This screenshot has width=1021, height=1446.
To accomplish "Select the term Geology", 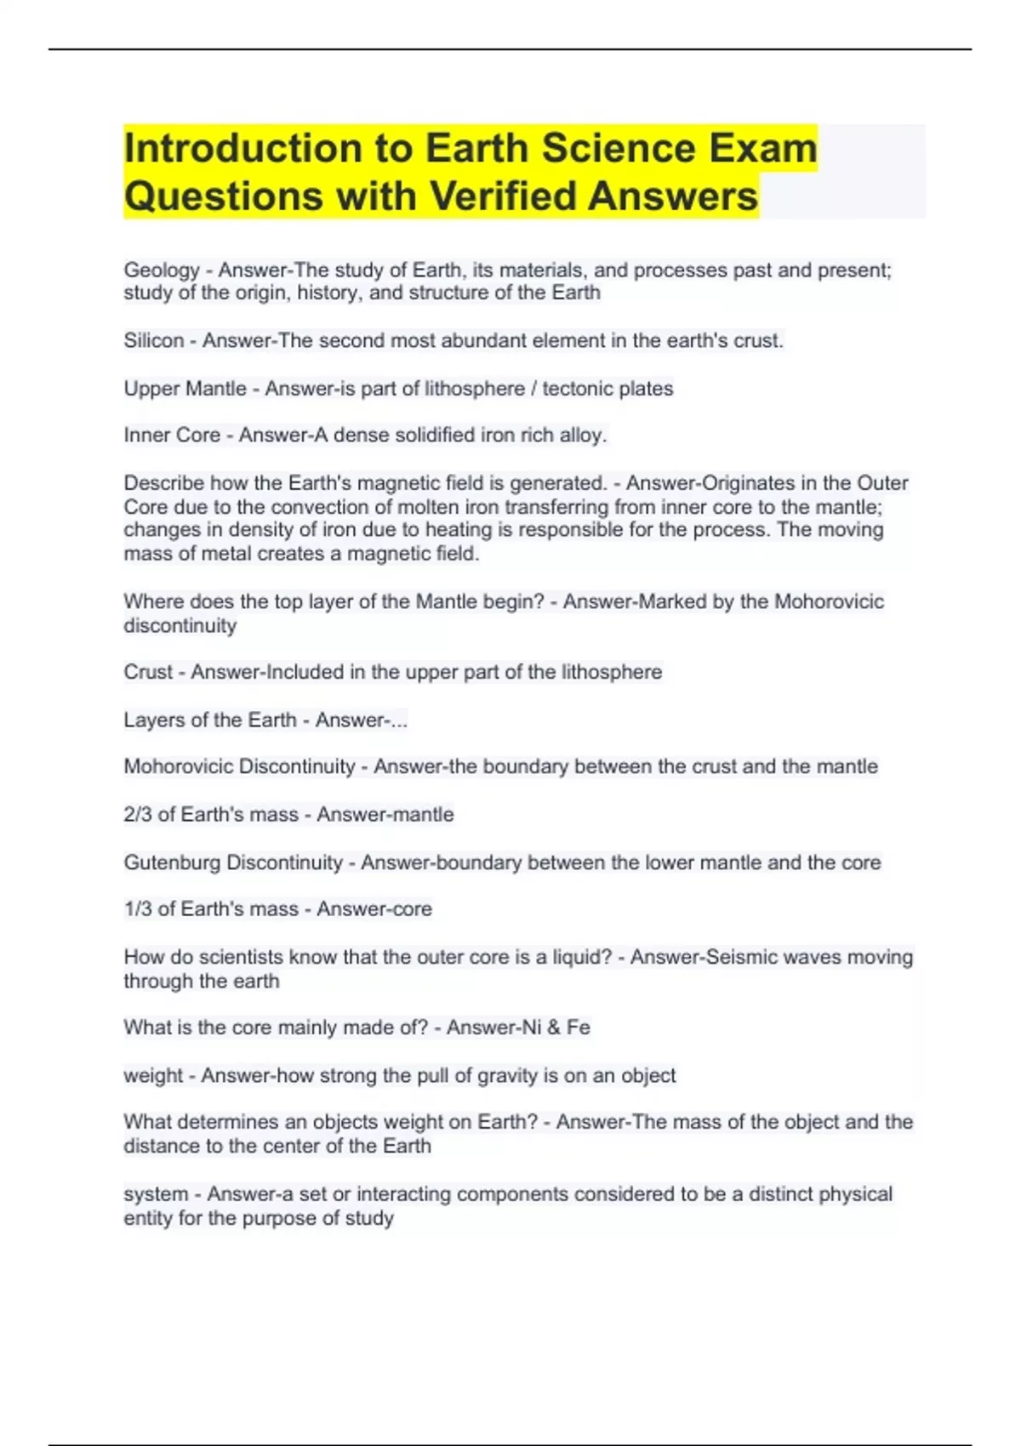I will coord(162,270).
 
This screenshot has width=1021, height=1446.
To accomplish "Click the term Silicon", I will coord(154,341).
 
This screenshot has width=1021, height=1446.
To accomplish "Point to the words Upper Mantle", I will coord(185,389).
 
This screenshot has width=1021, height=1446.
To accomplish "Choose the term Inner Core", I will coord(172,436).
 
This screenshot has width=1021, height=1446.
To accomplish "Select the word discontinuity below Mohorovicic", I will coord(180,626).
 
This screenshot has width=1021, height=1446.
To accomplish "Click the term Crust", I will coord(148,673).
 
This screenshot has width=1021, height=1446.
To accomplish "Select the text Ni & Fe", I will coord(555,1028).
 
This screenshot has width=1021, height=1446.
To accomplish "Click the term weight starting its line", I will coord(153,1076).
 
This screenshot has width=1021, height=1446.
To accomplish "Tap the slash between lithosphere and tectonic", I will coord(533,389).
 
